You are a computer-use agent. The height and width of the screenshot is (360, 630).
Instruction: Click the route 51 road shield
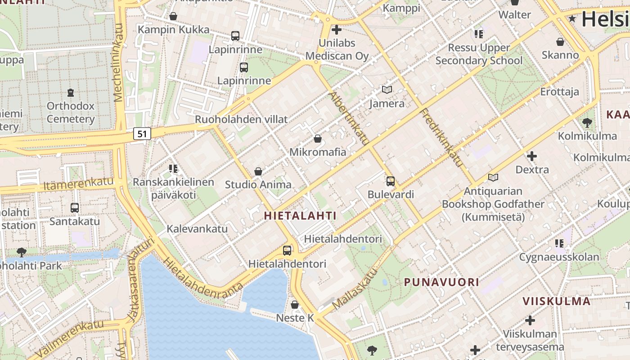point(142,134)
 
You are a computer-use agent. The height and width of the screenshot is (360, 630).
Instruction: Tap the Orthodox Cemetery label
point(71,112)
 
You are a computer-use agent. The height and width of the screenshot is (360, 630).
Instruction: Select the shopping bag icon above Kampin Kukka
point(173,17)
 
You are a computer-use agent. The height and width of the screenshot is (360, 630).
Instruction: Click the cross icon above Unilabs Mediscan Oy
point(337,30)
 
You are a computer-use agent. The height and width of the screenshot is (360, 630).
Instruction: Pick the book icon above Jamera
point(387,90)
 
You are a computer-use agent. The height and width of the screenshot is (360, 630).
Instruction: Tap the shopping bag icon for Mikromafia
point(318,139)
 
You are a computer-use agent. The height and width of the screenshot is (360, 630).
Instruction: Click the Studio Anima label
point(258,184)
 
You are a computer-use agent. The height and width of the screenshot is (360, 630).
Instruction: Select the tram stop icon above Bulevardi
point(391,181)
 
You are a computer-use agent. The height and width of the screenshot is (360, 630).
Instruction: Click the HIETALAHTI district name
point(300,216)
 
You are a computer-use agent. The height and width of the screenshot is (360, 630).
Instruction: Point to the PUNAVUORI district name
point(441,282)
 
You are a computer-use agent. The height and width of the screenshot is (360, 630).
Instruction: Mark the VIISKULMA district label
point(556,301)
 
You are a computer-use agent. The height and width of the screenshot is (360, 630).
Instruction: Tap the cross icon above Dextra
point(532,156)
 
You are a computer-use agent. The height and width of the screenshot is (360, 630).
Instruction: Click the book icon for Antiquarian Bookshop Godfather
point(493,178)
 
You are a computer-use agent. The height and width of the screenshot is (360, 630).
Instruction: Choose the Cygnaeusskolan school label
point(559,257)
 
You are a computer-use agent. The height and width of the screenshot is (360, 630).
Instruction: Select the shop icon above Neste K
point(295,305)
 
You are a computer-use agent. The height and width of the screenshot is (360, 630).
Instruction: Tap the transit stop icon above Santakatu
point(75,208)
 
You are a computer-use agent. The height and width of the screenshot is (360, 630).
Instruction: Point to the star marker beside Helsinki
point(572,19)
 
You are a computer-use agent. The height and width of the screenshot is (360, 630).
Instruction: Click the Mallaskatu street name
point(355,289)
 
